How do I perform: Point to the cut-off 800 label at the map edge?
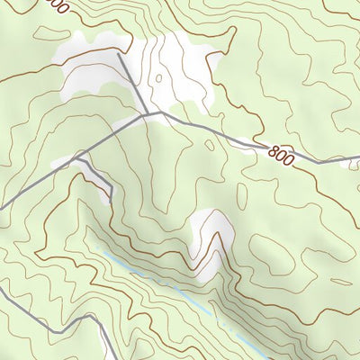(x=56, y=7)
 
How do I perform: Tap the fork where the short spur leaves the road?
(x=78, y=155)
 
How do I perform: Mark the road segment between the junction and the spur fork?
(x=112, y=135)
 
